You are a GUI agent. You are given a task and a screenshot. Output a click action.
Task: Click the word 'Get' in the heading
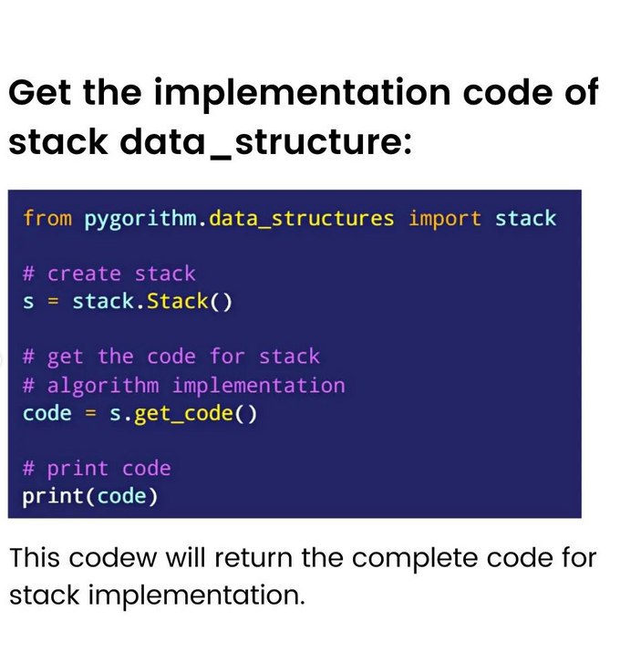coord(39,92)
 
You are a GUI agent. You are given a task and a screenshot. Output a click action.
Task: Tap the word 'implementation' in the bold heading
coord(302,95)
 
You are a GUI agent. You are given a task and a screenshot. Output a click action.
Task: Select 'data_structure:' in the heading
coord(265,141)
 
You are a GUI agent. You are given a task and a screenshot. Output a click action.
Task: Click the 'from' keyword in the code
coord(47,218)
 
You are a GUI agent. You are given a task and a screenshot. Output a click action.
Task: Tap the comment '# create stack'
coord(109,274)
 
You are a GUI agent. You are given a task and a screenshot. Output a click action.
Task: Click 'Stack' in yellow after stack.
coord(178,302)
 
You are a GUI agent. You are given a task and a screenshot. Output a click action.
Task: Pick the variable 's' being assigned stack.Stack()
coord(28,303)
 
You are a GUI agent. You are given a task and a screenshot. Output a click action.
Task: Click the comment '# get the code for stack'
coord(171,357)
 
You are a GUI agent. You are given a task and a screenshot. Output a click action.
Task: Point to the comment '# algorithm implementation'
coord(183,386)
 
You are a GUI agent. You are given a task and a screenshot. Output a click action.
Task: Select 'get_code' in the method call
coord(183,414)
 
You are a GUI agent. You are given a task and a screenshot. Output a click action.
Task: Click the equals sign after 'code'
coord(90,414)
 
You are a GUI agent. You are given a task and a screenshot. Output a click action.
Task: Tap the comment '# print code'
coord(97,469)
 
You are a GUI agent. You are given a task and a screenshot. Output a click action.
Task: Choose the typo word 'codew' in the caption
coord(112,558)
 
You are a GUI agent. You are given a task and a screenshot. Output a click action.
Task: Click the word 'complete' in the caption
coord(416,559)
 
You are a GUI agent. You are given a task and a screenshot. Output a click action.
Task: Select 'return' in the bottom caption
coord(253,558)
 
